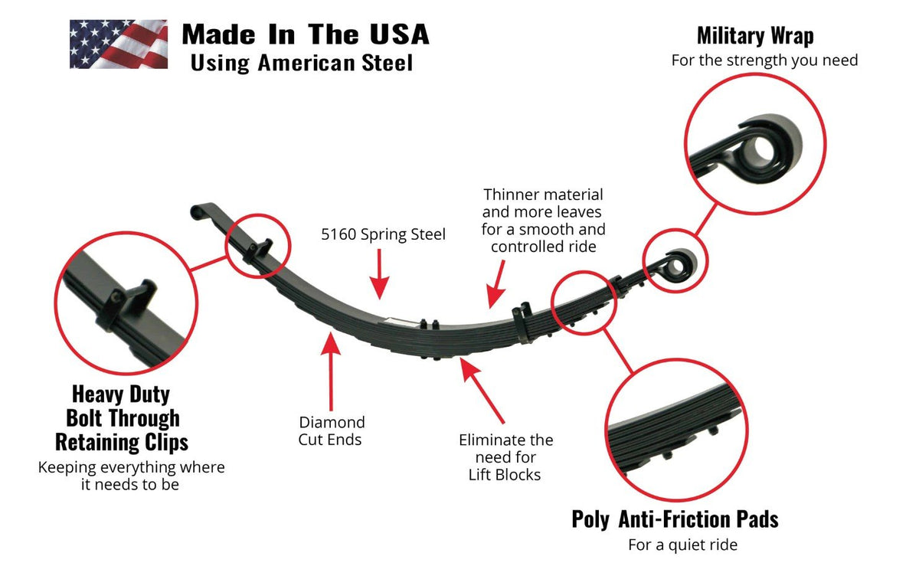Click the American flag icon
tap(119, 44)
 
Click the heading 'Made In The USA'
tap(305, 34)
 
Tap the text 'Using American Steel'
tap(301, 63)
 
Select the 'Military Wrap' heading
tap(754, 35)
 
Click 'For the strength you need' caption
tap(764, 60)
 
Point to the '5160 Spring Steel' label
tap(383, 234)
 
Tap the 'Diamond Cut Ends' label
tap(332, 430)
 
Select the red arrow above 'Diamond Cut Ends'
tap(331, 375)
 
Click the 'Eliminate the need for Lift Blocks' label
tap(505, 457)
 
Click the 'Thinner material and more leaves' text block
tap(543, 221)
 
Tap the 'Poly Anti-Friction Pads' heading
tap(675, 519)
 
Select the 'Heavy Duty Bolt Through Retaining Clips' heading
tap(121, 418)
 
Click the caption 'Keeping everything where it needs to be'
tap(131, 476)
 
